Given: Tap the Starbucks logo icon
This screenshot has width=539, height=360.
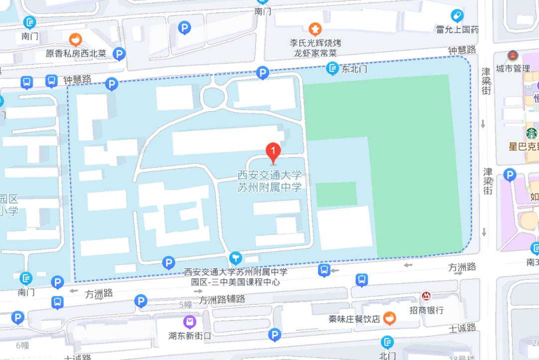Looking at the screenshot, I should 531,134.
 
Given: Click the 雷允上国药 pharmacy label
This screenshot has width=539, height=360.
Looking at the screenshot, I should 457,29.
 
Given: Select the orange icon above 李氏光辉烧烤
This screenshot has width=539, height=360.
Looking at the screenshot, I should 315,28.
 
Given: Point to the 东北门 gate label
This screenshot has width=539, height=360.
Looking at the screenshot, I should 354,69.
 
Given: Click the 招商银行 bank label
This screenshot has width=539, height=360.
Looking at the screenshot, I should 427,310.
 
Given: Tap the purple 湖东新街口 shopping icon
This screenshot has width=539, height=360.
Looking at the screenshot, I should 190,322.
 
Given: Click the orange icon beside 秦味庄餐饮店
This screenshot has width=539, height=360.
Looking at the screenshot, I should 391,318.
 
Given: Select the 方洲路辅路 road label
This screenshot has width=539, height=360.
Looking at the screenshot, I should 222,299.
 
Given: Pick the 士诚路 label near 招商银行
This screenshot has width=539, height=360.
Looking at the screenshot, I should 462,328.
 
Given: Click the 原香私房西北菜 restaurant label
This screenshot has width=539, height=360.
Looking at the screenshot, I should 76,53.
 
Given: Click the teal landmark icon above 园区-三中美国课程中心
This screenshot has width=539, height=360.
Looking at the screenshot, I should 235,258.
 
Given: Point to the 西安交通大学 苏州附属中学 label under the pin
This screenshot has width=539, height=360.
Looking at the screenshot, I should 269,181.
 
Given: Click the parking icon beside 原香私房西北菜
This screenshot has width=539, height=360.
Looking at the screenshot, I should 119,53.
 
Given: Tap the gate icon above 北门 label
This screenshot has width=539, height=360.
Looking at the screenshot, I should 387,342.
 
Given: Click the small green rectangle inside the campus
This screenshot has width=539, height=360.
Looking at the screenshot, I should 336,194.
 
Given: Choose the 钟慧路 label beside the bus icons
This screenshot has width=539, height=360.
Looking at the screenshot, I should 78,79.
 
